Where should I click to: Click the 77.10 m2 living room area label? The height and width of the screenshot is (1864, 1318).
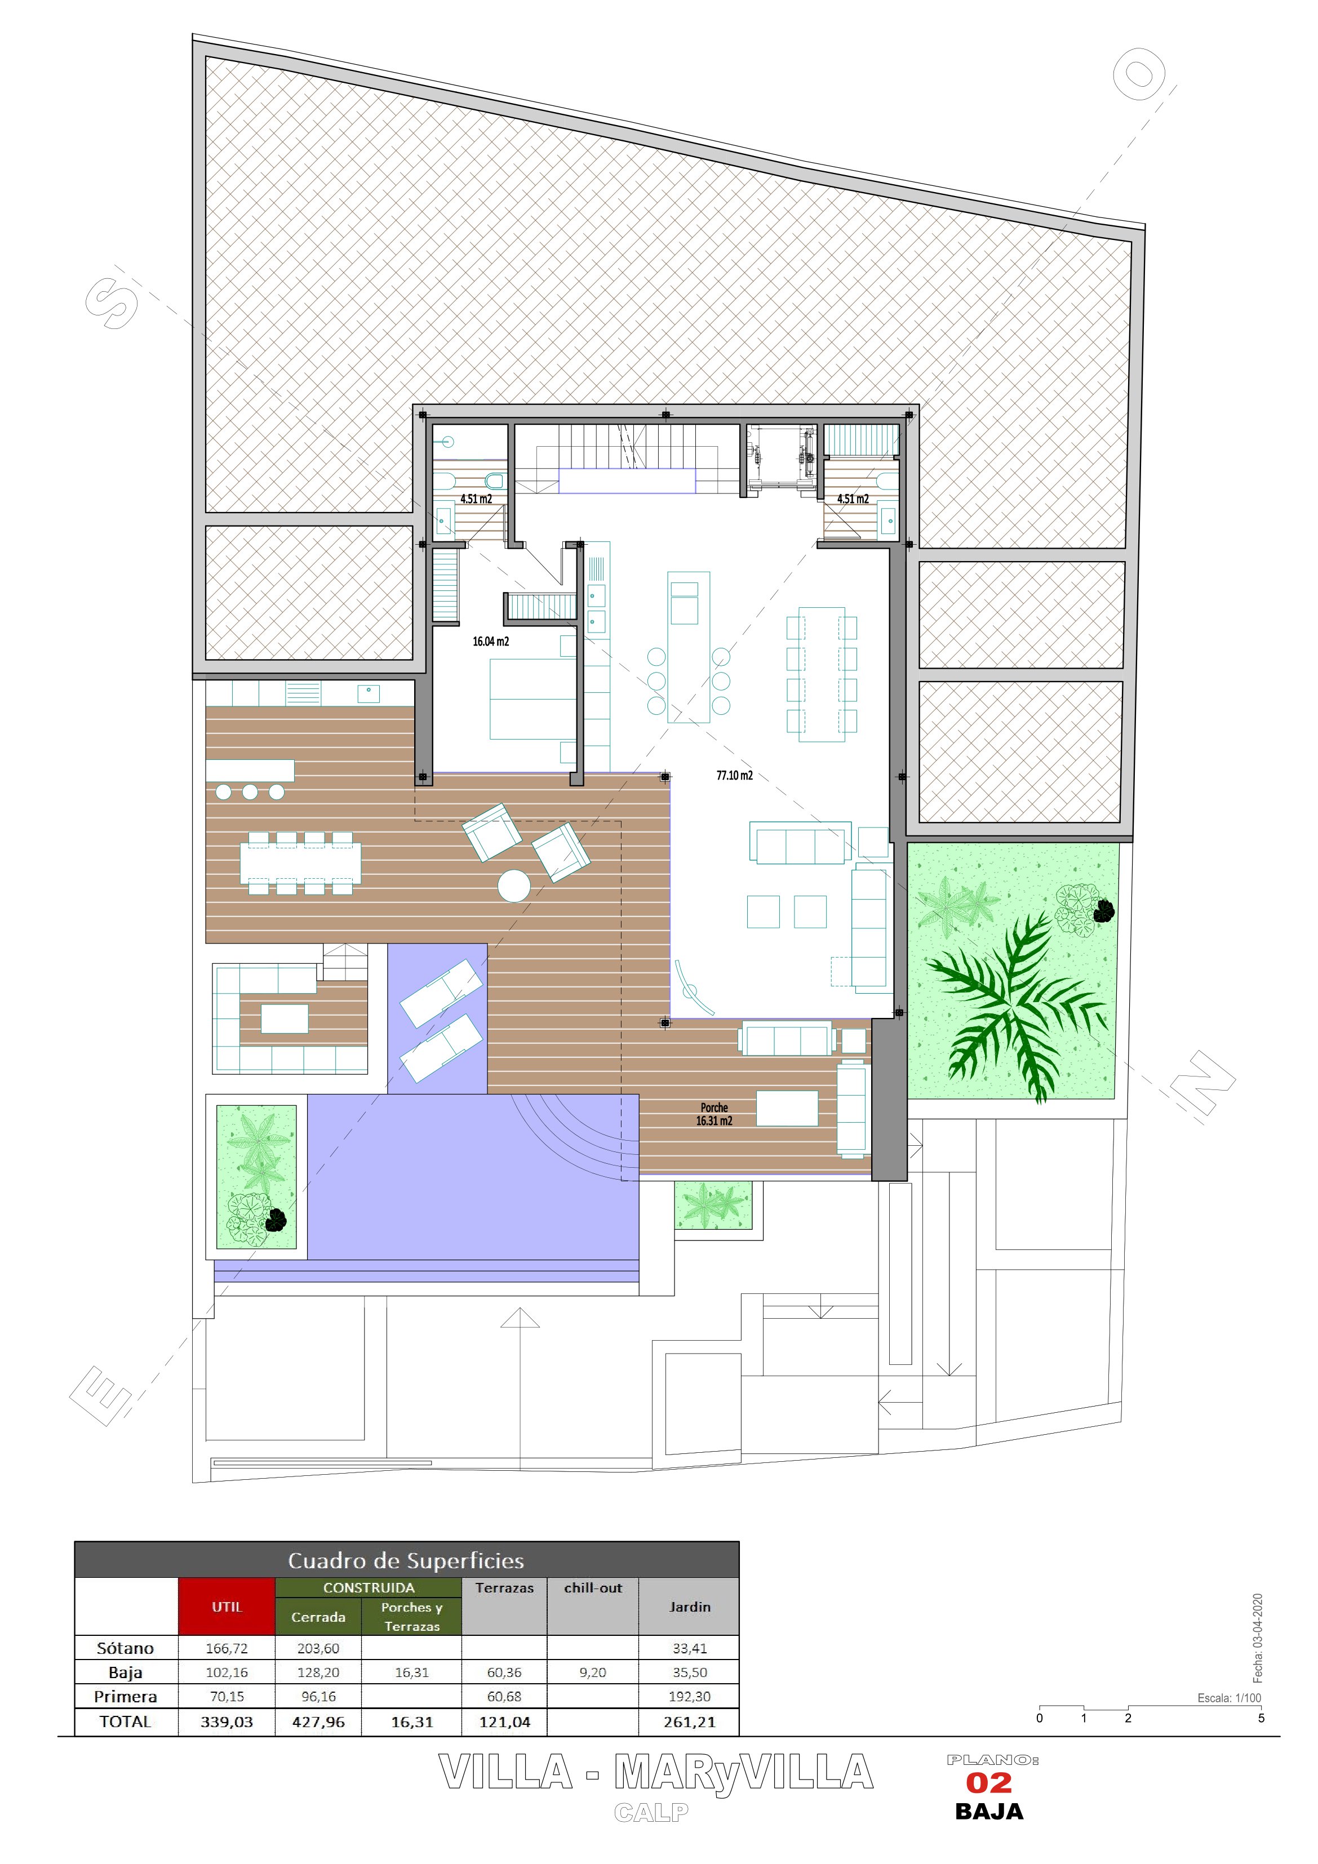click(x=734, y=775)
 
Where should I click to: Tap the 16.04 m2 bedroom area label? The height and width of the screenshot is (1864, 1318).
click(x=490, y=642)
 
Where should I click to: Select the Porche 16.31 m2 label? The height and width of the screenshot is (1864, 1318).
click(x=714, y=1114)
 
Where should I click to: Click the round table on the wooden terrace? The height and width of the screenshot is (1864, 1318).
click(x=514, y=886)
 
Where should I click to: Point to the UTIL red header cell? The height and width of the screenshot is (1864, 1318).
click(x=227, y=1607)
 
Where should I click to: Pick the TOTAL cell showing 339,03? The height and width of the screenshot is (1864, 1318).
click(x=227, y=1722)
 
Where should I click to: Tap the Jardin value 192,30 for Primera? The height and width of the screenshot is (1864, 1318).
click(x=690, y=1697)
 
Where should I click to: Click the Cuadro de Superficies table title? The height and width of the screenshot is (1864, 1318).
click(x=406, y=1560)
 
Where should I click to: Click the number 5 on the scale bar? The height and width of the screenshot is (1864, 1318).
click(x=1261, y=1719)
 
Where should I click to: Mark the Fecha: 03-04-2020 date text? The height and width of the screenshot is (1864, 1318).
click(x=1258, y=1638)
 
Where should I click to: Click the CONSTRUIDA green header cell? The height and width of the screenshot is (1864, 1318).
click(x=369, y=1587)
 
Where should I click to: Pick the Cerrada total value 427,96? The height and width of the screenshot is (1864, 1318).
click(x=318, y=1722)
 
